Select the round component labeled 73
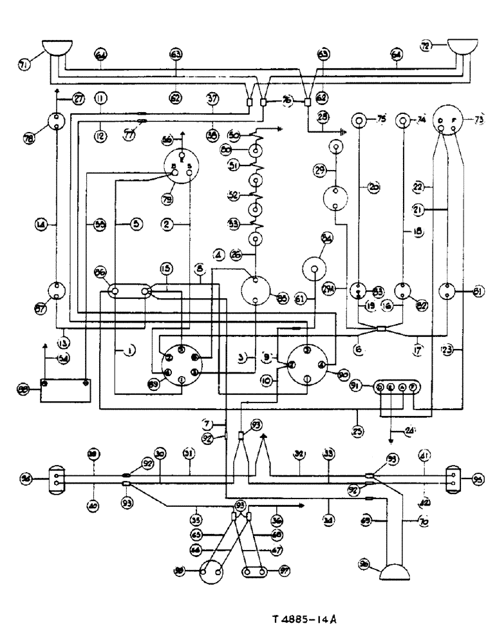coord(447,121)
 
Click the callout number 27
coord(78,99)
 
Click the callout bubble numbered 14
coord(41,225)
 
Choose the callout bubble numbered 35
coord(196,516)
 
